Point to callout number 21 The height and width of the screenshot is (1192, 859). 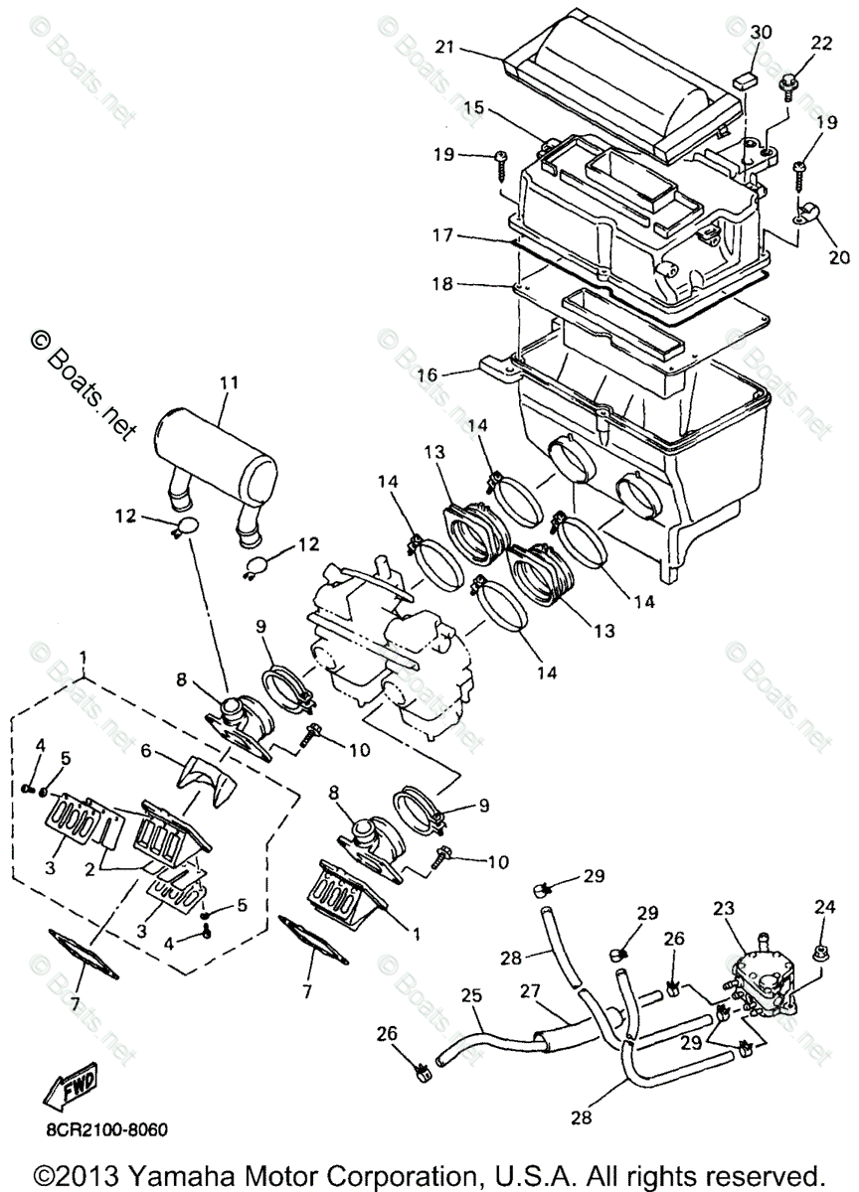click(443, 48)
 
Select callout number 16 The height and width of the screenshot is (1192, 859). click(427, 374)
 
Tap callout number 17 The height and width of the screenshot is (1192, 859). click(442, 234)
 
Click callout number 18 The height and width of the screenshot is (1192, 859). click(442, 284)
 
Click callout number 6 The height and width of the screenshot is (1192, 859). click(146, 751)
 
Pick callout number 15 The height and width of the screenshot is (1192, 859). click(473, 108)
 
